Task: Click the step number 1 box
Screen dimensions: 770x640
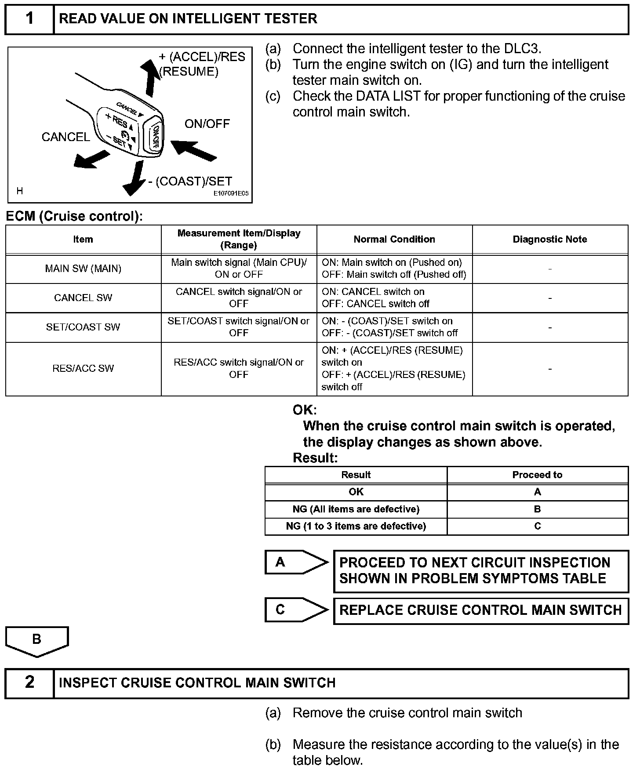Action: [x=29, y=19]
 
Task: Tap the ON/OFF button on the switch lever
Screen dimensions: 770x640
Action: [x=156, y=137]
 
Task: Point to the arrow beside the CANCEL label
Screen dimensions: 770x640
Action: [x=91, y=159]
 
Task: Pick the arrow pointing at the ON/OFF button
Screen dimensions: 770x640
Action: [x=193, y=149]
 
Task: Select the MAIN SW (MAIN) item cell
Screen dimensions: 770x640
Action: [x=83, y=269]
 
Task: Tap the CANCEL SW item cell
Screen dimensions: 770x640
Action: [x=83, y=298]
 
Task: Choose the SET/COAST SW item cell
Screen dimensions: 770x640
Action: [x=83, y=327]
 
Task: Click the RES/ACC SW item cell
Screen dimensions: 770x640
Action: [x=83, y=368]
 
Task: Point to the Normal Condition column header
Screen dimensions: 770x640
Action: [x=394, y=240]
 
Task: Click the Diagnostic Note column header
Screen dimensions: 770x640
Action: [x=550, y=240]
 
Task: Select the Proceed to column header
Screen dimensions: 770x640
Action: [x=537, y=475]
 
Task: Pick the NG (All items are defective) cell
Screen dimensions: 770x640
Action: [x=356, y=509]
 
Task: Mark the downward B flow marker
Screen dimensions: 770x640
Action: [x=37, y=641]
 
